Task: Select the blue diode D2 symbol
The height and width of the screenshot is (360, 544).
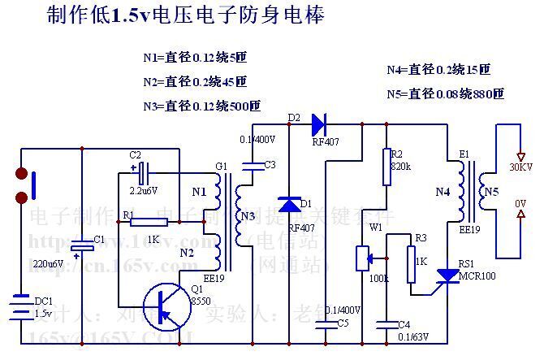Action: pyautogui.click(x=318, y=124)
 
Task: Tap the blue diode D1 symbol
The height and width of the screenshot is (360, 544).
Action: pyautogui.click(x=289, y=204)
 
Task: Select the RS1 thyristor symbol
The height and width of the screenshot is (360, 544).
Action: pyautogui.click(x=447, y=276)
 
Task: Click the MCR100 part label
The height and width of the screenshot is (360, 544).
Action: pyautogui.click(x=477, y=276)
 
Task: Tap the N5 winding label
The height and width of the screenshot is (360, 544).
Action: pyautogui.click(x=491, y=192)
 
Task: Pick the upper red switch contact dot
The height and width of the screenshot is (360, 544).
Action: pyautogui.click(x=22, y=174)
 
